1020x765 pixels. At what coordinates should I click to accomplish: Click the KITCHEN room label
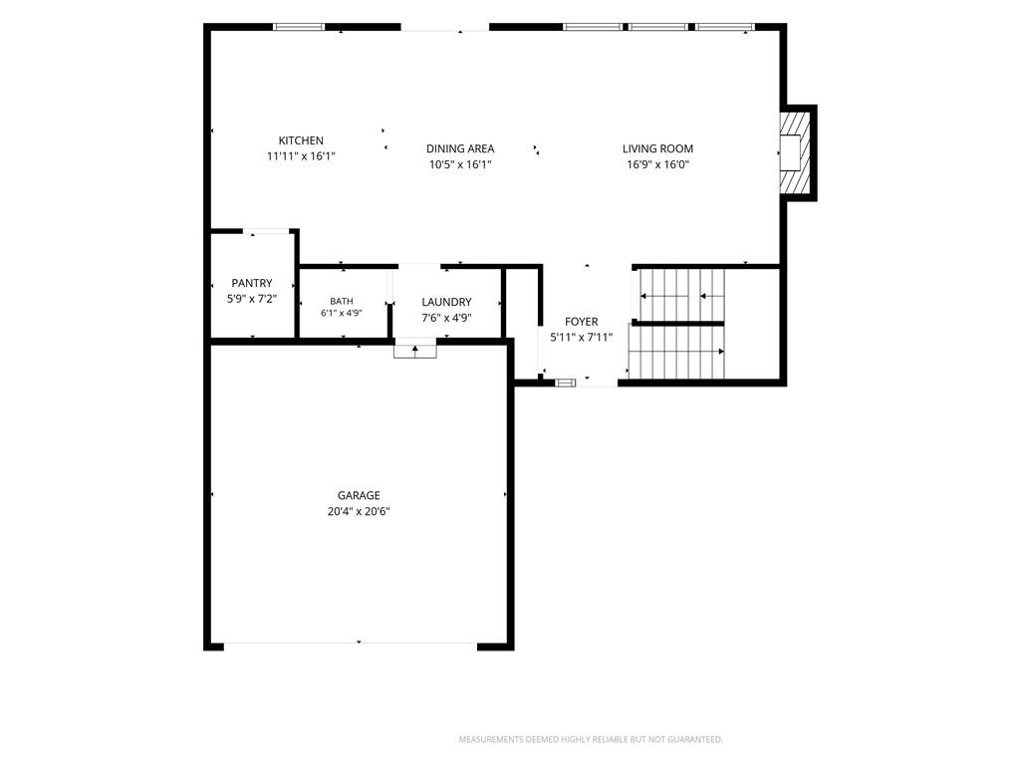click(301, 140)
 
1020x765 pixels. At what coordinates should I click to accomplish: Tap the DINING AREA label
click(460, 149)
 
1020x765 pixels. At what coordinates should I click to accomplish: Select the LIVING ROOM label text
click(657, 149)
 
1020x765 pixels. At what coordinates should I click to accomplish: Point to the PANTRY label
click(252, 283)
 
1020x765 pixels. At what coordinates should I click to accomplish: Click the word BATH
click(342, 301)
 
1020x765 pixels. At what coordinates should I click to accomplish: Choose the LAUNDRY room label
click(446, 302)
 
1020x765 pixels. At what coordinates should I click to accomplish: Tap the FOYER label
click(581, 322)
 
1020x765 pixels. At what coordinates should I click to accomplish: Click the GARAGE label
click(359, 496)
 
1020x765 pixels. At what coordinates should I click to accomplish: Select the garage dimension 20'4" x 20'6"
click(359, 511)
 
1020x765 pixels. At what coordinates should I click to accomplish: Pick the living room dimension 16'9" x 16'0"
click(657, 164)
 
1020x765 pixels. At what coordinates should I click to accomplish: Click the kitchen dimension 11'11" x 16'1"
click(301, 156)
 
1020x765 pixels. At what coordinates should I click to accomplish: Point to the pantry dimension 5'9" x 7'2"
click(252, 299)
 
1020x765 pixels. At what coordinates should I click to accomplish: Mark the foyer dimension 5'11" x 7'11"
click(581, 337)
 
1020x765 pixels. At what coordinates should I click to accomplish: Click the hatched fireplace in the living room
click(796, 152)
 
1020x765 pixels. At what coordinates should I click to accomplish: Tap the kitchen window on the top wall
click(299, 27)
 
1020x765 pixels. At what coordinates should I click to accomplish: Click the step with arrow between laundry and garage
click(415, 349)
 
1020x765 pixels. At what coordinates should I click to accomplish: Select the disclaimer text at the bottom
click(591, 740)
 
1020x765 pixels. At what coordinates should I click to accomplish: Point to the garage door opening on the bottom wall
click(351, 644)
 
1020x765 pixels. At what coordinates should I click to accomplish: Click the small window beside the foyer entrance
click(566, 382)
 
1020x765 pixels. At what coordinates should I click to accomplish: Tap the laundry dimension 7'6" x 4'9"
click(446, 318)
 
